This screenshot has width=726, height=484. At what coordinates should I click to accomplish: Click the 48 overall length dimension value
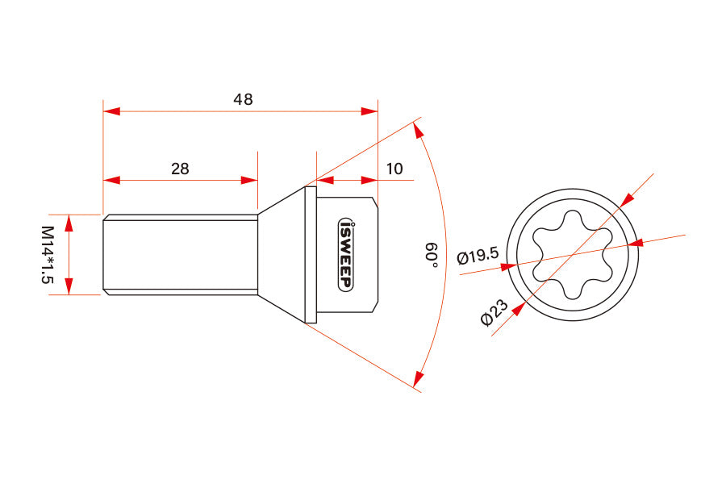pos(243,99)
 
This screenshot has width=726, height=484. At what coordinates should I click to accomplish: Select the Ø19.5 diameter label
pos(477,257)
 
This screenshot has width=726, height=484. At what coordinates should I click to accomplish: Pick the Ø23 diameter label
pos(494,312)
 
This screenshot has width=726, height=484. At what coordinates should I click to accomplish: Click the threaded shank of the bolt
pos(180,255)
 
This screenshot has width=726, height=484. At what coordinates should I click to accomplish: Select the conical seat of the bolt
pos(282,255)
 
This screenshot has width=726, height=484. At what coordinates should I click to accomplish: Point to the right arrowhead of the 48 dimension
pos(369,111)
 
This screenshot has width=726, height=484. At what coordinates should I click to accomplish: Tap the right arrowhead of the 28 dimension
pos(249,180)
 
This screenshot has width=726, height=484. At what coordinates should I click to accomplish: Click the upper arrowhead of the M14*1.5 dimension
pos(69,223)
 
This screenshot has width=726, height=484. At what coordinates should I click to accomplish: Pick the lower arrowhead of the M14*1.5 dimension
pos(69,286)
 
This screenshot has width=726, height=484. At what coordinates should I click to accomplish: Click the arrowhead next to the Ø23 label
pos(517,309)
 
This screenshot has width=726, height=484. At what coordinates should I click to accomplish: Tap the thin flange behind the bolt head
pos(311,255)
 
